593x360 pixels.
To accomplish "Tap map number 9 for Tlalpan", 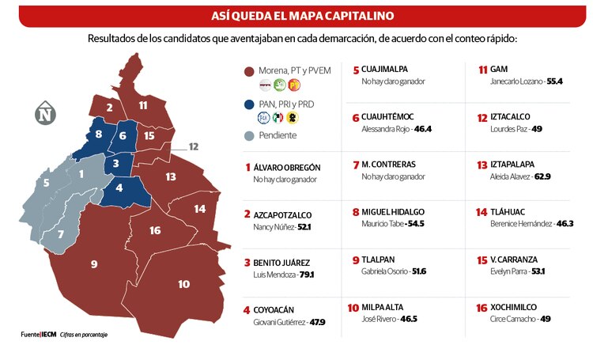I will click(94, 263).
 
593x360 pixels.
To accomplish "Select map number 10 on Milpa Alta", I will click(183, 284).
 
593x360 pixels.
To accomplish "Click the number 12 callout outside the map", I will click(194, 146).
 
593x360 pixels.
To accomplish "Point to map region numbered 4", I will click(119, 188).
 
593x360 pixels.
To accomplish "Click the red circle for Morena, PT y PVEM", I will click(249, 70).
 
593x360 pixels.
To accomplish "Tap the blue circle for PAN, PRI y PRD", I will click(249, 103).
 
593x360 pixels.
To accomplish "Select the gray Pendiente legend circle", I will click(249, 135).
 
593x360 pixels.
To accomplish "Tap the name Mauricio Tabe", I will click(381, 225).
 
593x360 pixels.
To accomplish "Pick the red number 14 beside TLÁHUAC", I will click(481, 212).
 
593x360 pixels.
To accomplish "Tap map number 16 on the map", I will click(155, 230).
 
